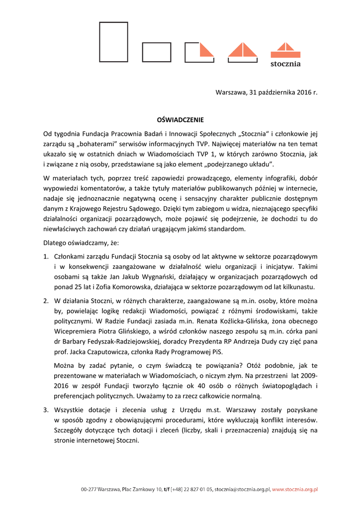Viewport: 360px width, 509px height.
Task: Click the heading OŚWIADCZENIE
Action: point(180,120)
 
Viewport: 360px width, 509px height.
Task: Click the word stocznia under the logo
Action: point(285,64)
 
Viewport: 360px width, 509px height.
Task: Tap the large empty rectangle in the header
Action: point(113,42)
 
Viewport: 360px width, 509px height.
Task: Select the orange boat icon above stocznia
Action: point(285,50)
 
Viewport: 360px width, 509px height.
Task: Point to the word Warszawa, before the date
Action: point(231,92)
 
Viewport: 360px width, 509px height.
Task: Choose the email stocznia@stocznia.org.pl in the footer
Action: point(242,490)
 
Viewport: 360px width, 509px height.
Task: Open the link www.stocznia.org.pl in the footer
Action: point(295,490)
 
